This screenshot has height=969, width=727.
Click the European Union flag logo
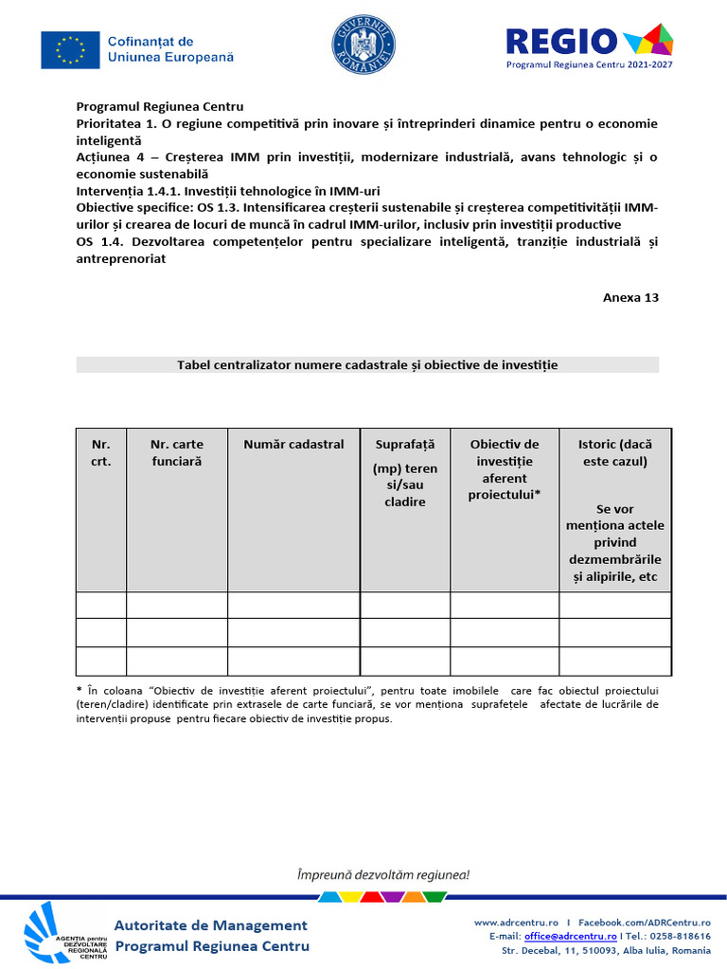[x=70, y=50]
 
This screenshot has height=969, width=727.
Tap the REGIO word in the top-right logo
[x=561, y=41]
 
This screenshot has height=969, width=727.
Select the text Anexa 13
[x=630, y=297]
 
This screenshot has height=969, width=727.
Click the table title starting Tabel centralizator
[x=367, y=365]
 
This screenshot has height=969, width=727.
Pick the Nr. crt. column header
[x=101, y=452]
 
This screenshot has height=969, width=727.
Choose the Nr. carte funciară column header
[x=177, y=452]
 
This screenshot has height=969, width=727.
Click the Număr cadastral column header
[x=293, y=444]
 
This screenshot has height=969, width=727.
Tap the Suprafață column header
[x=405, y=444]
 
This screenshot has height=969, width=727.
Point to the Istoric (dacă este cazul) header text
[x=614, y=452]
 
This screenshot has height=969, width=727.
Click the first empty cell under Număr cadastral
[x=293, y=606]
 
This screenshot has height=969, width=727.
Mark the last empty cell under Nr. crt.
[x=101, y=661]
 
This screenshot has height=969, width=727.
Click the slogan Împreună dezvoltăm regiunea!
[x=383, y=875]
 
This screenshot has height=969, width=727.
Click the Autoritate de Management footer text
[x=211, y=925]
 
